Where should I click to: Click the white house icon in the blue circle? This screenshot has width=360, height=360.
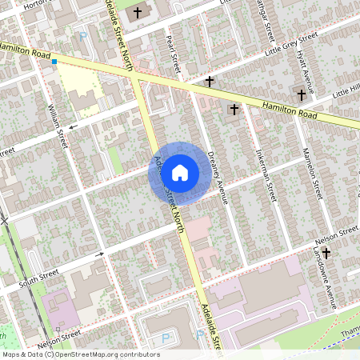click(x=180, y=172)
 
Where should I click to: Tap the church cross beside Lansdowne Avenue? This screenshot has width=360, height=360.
click(x=326, y=253)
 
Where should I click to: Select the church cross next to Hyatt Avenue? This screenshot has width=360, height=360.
click(x=302, y=94)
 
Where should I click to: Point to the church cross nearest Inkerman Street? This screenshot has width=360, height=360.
click(x=234, y=108)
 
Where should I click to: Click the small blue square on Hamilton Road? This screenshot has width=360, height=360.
click(x=54, y=61)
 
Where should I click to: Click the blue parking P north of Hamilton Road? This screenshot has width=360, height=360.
click(x=83, y=35)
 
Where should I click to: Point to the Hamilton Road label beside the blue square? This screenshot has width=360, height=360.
click(x=22, y=50)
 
